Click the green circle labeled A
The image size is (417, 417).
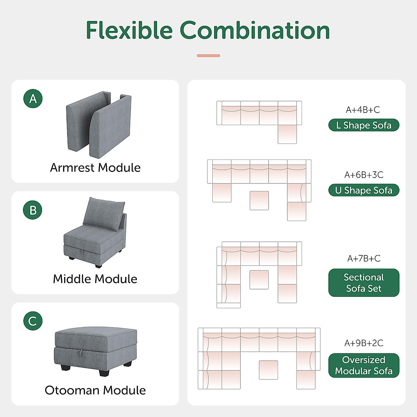(33, 99)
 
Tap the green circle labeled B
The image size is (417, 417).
(33, 210)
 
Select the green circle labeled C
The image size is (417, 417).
(33, 321)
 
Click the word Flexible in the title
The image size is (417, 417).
(129, 30)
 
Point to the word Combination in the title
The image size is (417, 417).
(255, 30)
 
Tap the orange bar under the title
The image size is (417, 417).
(208, 56)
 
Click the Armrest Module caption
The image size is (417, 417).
(95, 168)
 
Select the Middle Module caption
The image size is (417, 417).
(95, 279)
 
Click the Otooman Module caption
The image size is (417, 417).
(95, 390)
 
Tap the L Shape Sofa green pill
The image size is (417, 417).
(364, 125)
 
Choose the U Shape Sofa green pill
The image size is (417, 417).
(364, 190)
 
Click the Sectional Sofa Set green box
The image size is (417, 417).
(364, 283)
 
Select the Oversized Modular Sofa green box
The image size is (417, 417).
(364, 365)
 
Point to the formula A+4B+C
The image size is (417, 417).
(363, 110)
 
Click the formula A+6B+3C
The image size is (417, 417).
(364, 175)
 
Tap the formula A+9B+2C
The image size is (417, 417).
(364, 343)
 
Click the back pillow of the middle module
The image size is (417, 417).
(103, 213)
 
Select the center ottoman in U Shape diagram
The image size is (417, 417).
(259, 201)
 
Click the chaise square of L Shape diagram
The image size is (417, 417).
(287, 134)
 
